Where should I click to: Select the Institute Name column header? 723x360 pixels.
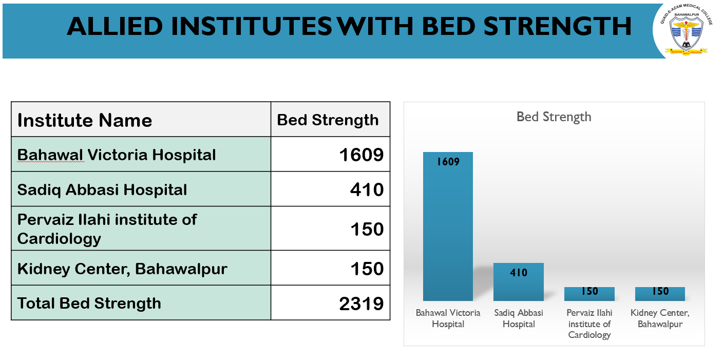(85, 120)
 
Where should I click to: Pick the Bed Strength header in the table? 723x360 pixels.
(328, 120)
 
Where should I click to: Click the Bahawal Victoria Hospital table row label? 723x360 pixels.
(117, 155)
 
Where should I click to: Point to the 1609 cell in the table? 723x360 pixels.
(362, 155)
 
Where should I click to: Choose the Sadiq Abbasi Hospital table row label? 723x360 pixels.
(102, 190)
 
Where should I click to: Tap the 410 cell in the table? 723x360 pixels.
(367, 190)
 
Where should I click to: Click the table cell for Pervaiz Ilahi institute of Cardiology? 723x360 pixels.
(107, 229)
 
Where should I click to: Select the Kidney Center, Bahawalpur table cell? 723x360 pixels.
(122, 269)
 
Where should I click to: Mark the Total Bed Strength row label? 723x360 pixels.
(89, 303)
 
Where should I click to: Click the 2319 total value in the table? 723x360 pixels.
(362, 303)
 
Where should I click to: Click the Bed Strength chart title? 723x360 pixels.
(554, 117)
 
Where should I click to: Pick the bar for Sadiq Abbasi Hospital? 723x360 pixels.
(519, 282)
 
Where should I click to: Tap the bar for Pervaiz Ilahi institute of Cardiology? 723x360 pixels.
(589, 294)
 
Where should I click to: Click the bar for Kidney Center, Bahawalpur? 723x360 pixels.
(660, 294)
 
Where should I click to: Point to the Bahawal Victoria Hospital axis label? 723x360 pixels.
(448, 318)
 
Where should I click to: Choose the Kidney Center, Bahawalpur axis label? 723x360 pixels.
(660, 318)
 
